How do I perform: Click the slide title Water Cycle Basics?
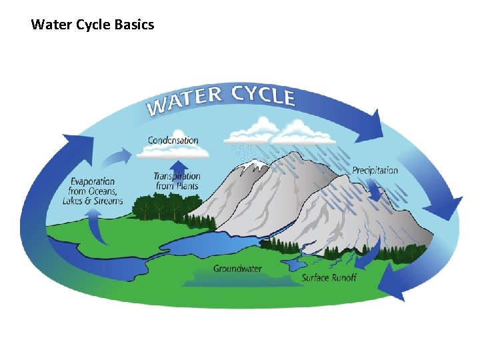click(x=92, y=25)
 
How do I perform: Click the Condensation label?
click(x=173, y=140)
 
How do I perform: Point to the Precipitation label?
click(x=375, y=170)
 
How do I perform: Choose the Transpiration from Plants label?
click(x=177, y=181)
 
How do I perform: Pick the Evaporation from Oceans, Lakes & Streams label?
click(x=93, y=191)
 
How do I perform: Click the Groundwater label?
click(x=237, y=269)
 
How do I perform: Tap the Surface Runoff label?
click(x=329, y=277)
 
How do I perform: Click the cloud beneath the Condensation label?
click(x=173, y=152)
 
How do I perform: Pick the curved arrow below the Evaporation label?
click(x=97, y=227)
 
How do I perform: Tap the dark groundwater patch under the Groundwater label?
click(x=240, y=280)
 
